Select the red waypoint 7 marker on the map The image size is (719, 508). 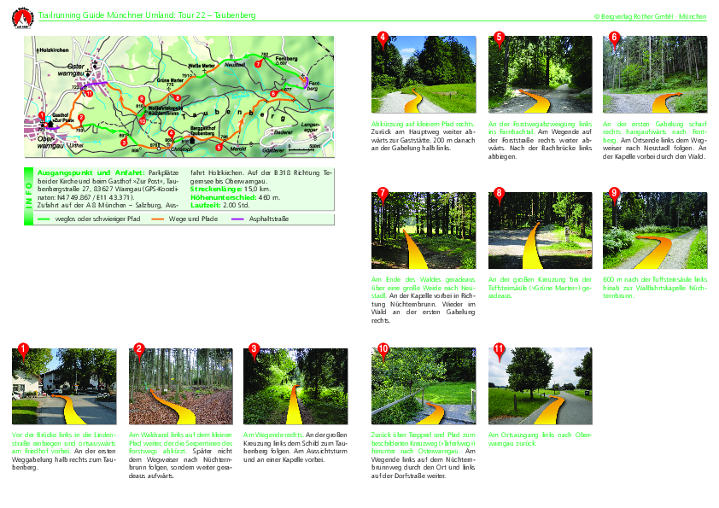259,63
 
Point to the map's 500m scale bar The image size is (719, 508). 305,148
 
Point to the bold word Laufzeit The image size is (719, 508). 206,206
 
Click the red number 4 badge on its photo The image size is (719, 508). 383,37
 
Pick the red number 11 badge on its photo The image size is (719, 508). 499,349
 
